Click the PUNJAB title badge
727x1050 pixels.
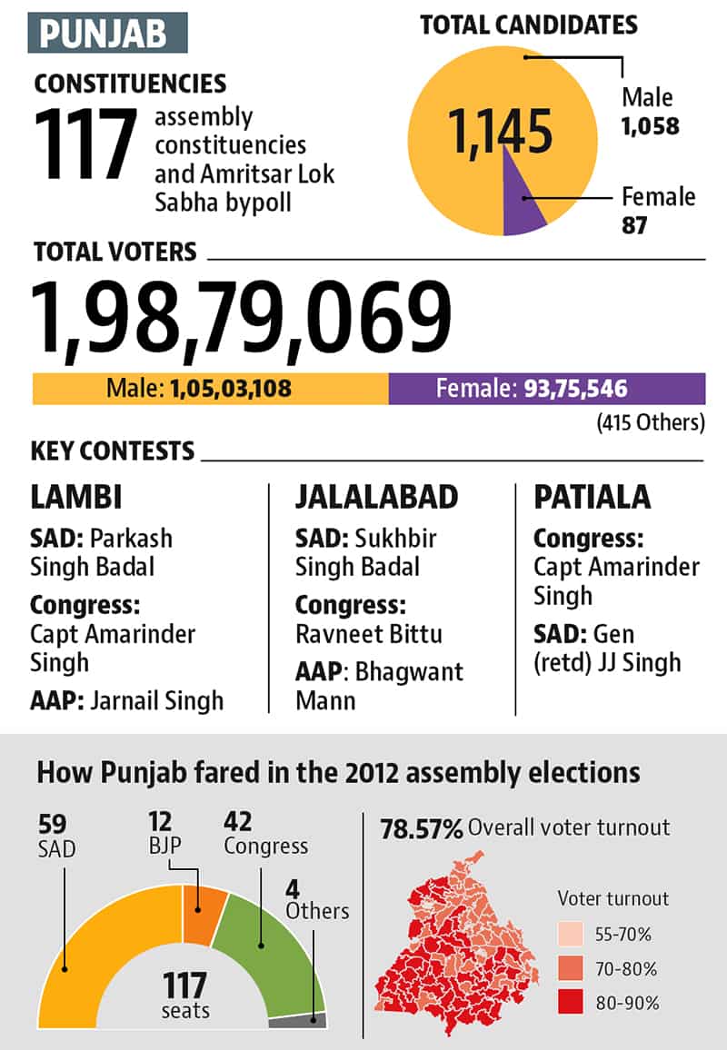click(x=107, y=32)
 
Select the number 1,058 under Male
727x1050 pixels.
click(x=650, y=126)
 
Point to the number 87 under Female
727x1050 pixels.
click(x=634, y=225)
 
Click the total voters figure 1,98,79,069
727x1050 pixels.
click(x=241, y=317)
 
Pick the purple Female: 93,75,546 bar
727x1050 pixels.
click(x=547, y=389)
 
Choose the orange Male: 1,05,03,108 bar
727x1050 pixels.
click(x=211, y=389)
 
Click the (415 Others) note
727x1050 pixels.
click(x=651, y=422)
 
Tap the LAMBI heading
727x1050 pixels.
click(x=76, y=498)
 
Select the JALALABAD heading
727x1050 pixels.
click(x=377, y=498)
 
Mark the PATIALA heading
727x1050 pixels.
click(x=593, y=498)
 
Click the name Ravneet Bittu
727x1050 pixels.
click(x=369, y=634)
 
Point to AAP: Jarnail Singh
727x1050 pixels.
click(x=126, y=701)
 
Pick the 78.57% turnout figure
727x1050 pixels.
click(x=422, y=829)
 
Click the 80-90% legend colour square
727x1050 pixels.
click(x=570, y=1003)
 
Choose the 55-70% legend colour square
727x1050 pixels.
click(x=570, y=934)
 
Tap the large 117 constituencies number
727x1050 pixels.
click(x=85, y=144)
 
